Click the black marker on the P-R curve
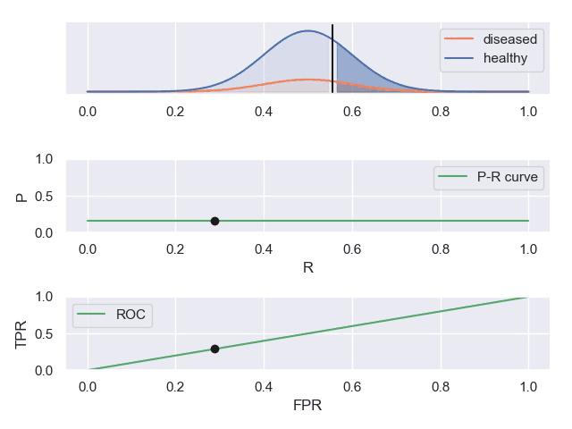(214, 221)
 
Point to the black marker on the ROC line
(214, 349)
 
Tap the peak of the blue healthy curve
(307, 31)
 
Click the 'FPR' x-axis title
(307, 405)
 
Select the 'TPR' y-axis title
(22, 333)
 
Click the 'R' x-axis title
(307, 267)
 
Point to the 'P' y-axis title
(22, 196)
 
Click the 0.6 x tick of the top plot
(351, 112)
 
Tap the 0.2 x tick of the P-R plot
(175, 248)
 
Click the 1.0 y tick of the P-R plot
(44, 159)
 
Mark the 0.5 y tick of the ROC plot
(44, 333)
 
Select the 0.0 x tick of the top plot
(88, 112)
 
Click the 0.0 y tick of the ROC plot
(44, 370)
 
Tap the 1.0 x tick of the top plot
(528, 112)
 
